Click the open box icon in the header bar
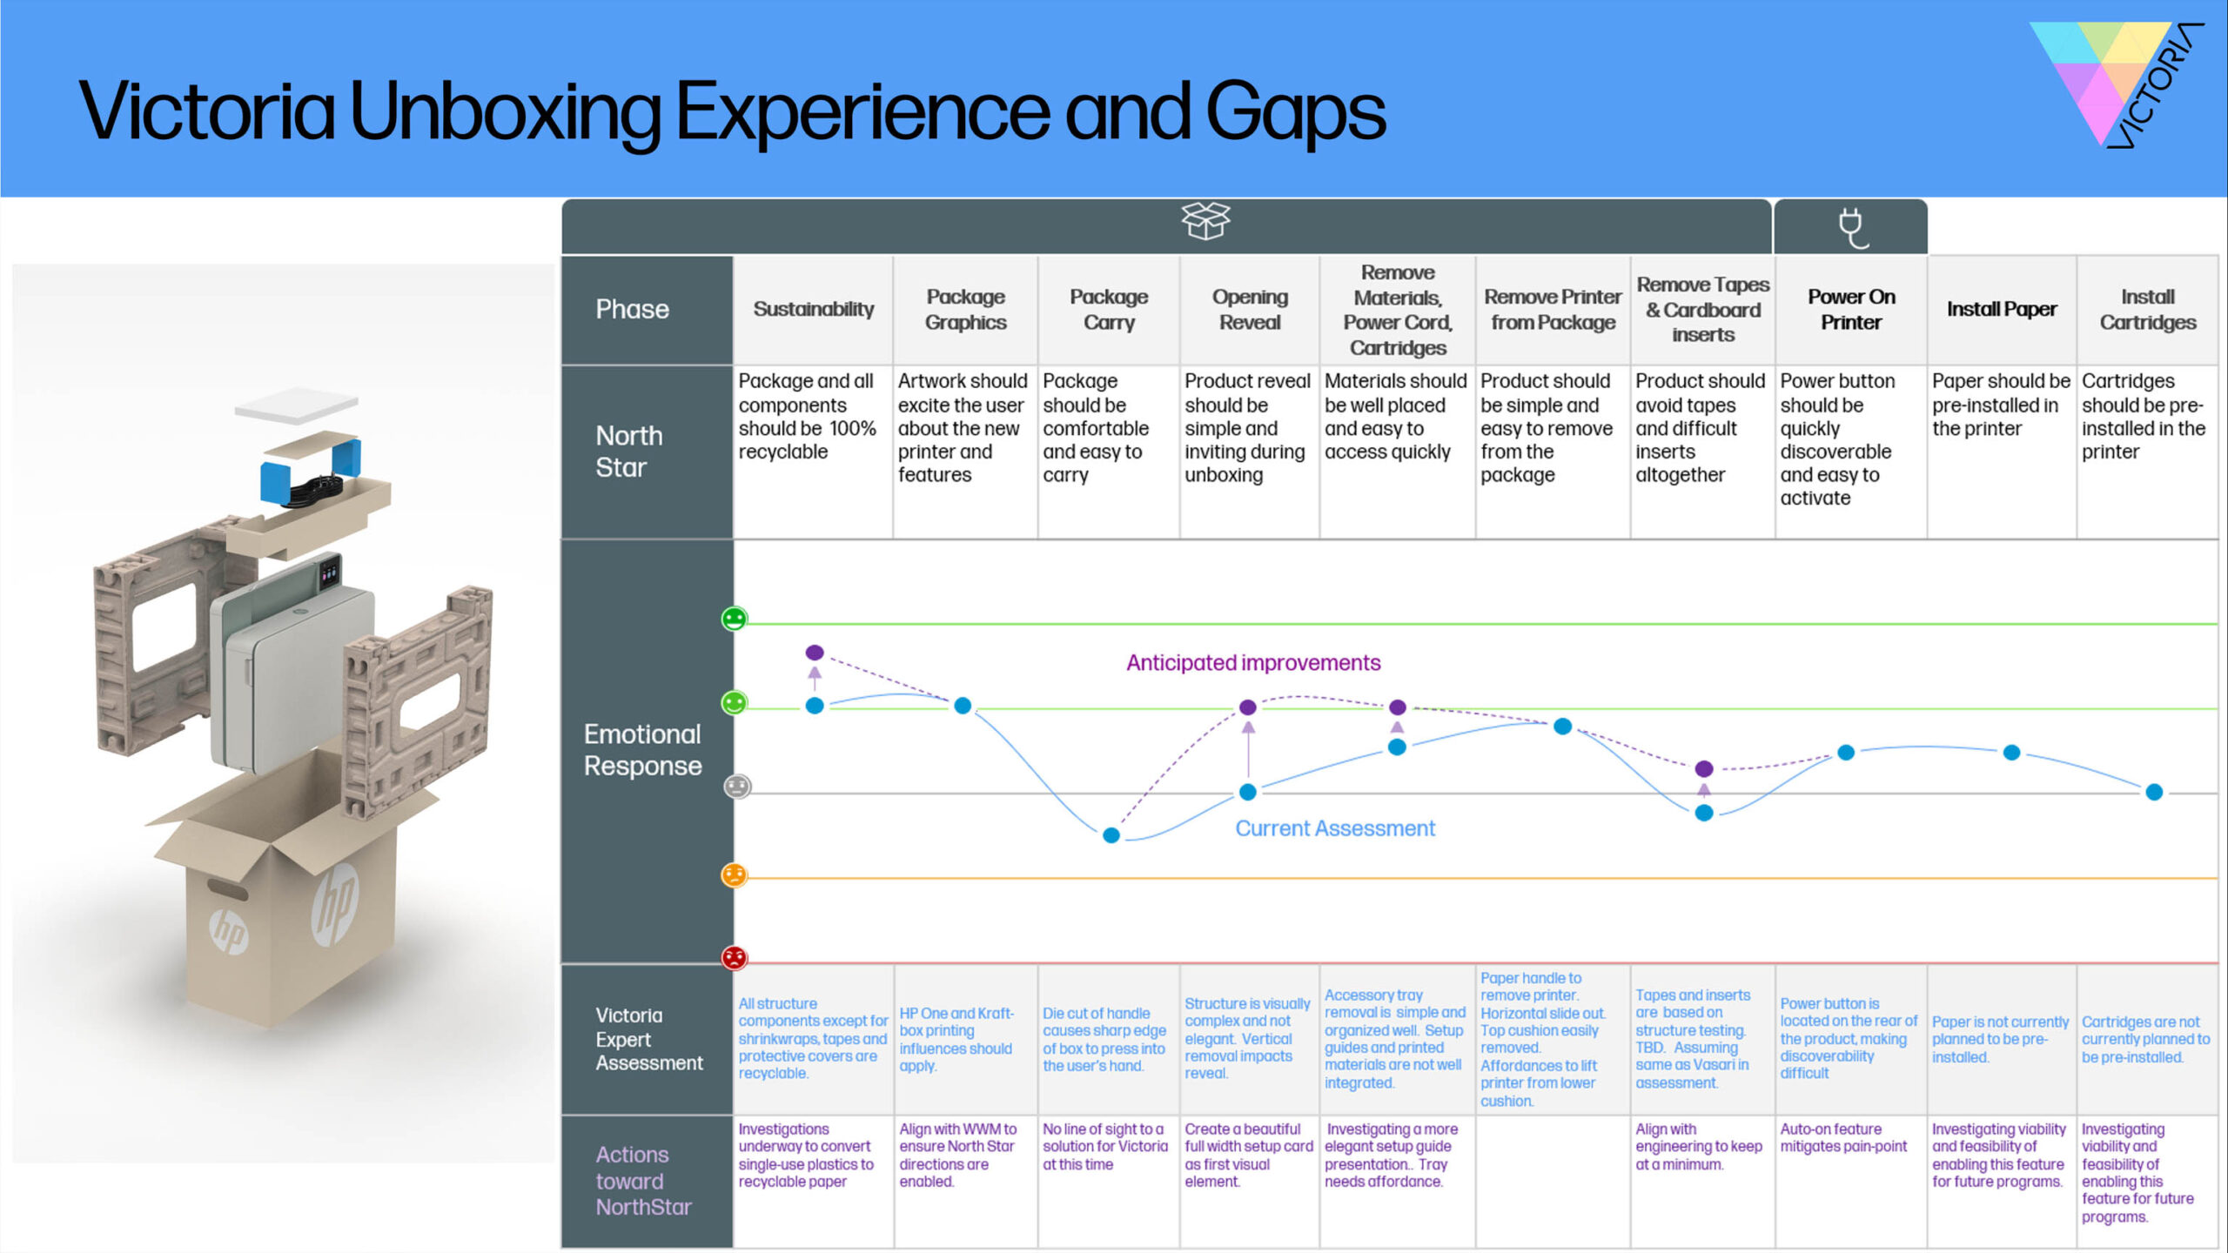click(x=1205, y=221)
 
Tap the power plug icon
click(x=1851, y=228)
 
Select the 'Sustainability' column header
click(x=813, y=309)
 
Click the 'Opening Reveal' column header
click(x=1249, y=309)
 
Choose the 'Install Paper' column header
click(x=2002, y=309)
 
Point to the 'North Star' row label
click(x=628, y=451)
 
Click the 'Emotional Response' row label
click(x=642, y=749)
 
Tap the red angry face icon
click(x=735, y=957)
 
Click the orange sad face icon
click(x=735, y=874)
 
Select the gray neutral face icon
click(x=737, y=787)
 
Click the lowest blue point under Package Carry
click(x=1111, y=835)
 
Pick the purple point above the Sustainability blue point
click(x=815, y=653)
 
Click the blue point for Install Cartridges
click(x=2154, y=792)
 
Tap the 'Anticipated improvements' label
click(x=1253, y=663)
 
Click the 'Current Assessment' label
click(x=1335, y=828)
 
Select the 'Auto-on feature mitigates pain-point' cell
click(x=1843, y=1138)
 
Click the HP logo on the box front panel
click(x=335, y=905)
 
